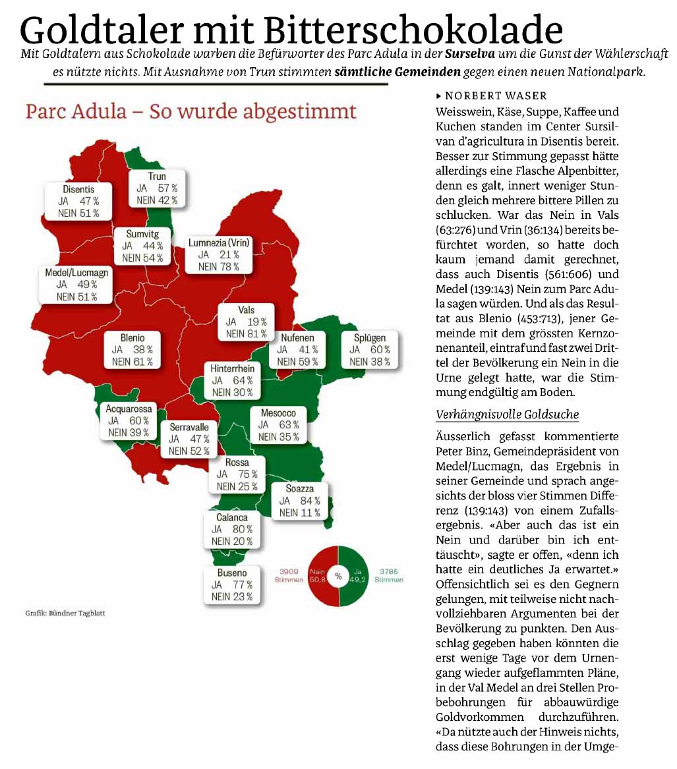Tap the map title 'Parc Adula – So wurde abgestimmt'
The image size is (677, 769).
[191, 111]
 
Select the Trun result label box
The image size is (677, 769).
[157, 188]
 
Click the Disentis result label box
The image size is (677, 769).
[78, 201]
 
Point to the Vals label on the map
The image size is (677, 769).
[246, 322]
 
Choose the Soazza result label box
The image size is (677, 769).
[299, 501]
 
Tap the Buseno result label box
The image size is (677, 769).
[231, 585]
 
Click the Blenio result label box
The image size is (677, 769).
[132, 350]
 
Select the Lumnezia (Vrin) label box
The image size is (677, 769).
[219, 255]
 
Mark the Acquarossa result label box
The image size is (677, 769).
[129, 421]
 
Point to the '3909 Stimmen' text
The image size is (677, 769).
[289, 575]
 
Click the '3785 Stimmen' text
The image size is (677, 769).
[388, 575]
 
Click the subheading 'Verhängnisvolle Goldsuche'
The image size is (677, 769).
[507, 414]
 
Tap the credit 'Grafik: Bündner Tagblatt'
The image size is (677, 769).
[65, 613]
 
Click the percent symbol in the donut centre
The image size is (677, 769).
[338, 576]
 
